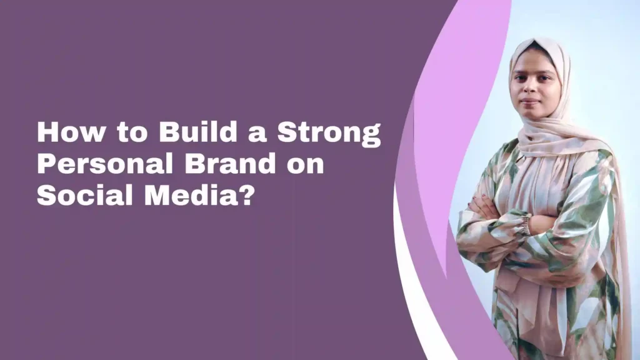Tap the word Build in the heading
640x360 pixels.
198,131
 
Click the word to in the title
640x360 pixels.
132,133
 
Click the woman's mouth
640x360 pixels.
530,101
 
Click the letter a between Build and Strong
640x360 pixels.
257,134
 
